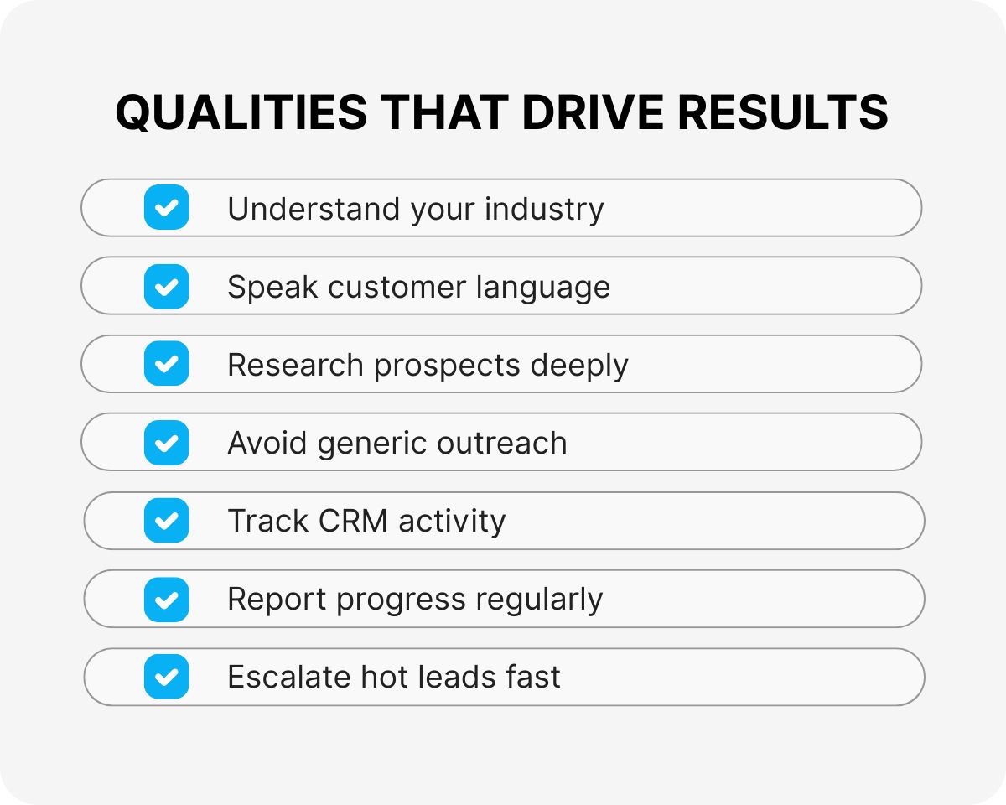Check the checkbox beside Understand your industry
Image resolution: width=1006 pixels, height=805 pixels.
click(x=166, y=208)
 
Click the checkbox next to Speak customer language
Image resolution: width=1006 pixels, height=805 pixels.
click(x=166, y=286)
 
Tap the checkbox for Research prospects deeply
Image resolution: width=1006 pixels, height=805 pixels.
click(x=166, y=364)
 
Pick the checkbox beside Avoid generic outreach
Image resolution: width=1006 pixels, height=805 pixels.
click(x=166, y=442)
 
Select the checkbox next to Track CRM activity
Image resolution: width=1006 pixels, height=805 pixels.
click(x=166, y=521)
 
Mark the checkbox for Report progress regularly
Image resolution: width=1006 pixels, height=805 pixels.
click(x=166, y=599)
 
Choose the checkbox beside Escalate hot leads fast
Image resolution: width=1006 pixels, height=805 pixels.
click(x=166, y=677)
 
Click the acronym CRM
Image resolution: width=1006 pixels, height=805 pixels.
click(x=353, y=521)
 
